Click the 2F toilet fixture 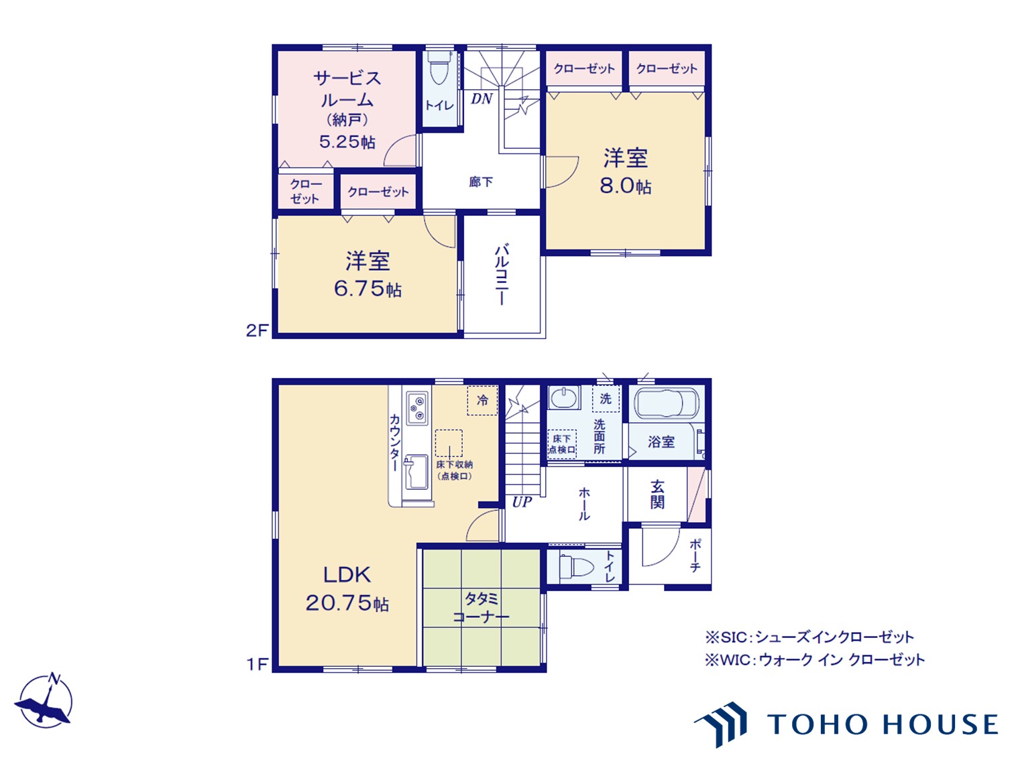pyautogui.click(x=438, y=68)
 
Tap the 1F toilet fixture pyautogui.click(x=575, y=566)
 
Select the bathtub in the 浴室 pyautogui.click(x=667, y=403)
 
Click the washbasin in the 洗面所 pyautogui.click(x=564, y=397)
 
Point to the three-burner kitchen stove pyautogui.click(x=416, y=408)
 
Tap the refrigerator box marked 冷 pyautogui.click(x=482, y=400)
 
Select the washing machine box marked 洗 pyautogui.click(x=606, y=398)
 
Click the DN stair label pyautogui.click(x=482, y=99)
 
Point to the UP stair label pyautogui.click(x=522, y=502)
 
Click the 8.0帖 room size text pyautogui.click(x=625, y=186)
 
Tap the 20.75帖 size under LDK pyautogui.click(x=347, y=603)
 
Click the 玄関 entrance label pyautogui.click(x=657, y=494)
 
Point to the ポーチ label pyautogui.click(x=695, y=556)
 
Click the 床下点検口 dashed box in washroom pyautogui.click(x=562, y=444)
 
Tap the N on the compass pyautogui.click(x=54, y=678)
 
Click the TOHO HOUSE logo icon pyautogui.click(x=720, y=724)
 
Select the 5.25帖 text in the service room pyautogui.click(x=347, y=141)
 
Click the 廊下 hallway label pyautogui.click(x=481, y=182)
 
